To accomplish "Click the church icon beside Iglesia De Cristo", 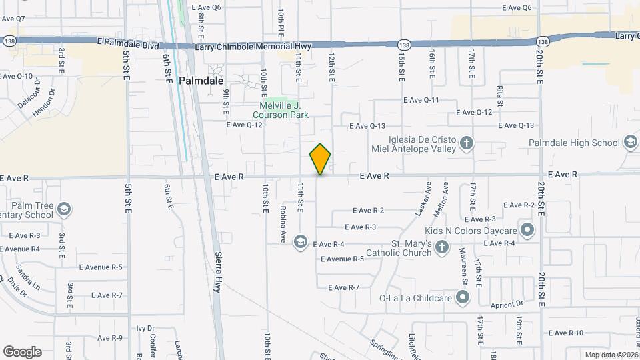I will [467, 143].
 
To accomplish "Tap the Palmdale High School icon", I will [630, 143].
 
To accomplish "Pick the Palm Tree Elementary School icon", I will [64, 209].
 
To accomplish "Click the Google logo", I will [22, 352].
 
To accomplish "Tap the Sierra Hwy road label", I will [217, 272].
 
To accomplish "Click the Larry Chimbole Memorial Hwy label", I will [253, 47].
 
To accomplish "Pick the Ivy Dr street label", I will [145, 328].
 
